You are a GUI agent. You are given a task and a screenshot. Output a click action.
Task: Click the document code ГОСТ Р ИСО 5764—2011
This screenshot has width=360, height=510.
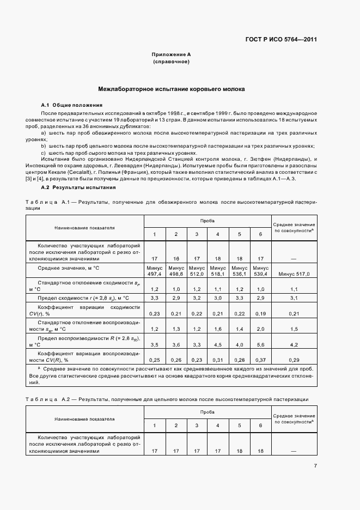pos(283,40)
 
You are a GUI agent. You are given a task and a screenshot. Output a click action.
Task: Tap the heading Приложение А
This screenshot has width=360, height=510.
pos(171,55)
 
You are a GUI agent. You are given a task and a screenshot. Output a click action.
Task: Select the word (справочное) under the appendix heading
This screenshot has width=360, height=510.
pos(171,62)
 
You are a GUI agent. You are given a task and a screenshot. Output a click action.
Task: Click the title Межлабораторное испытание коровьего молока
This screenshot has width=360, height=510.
pos(171,88)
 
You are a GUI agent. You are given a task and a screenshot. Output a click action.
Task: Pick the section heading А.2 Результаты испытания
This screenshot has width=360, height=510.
pos(78,187)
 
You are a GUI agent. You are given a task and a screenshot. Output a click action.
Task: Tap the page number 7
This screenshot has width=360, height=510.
pos(315,465)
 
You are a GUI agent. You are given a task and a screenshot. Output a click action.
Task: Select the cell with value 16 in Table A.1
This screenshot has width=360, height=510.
pos(175,258)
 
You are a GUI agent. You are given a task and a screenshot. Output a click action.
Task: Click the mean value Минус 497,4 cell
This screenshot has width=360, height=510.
pos(154,271)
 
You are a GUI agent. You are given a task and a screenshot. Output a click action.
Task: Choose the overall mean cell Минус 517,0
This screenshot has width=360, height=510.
pos(294,274)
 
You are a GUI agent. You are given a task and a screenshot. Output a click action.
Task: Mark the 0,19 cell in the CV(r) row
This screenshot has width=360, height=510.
pos(260,314)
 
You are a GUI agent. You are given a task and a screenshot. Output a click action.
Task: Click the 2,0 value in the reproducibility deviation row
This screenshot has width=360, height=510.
pos(260,329)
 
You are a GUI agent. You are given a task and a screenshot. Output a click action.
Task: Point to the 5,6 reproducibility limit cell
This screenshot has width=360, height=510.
pos(260,344)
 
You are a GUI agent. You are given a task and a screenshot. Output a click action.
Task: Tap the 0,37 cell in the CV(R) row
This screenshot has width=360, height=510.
pos(260,360)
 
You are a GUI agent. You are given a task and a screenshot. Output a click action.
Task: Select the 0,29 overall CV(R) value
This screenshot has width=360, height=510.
pos(294,360)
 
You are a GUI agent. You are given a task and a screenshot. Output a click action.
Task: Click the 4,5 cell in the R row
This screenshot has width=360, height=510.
pos(218,344)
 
